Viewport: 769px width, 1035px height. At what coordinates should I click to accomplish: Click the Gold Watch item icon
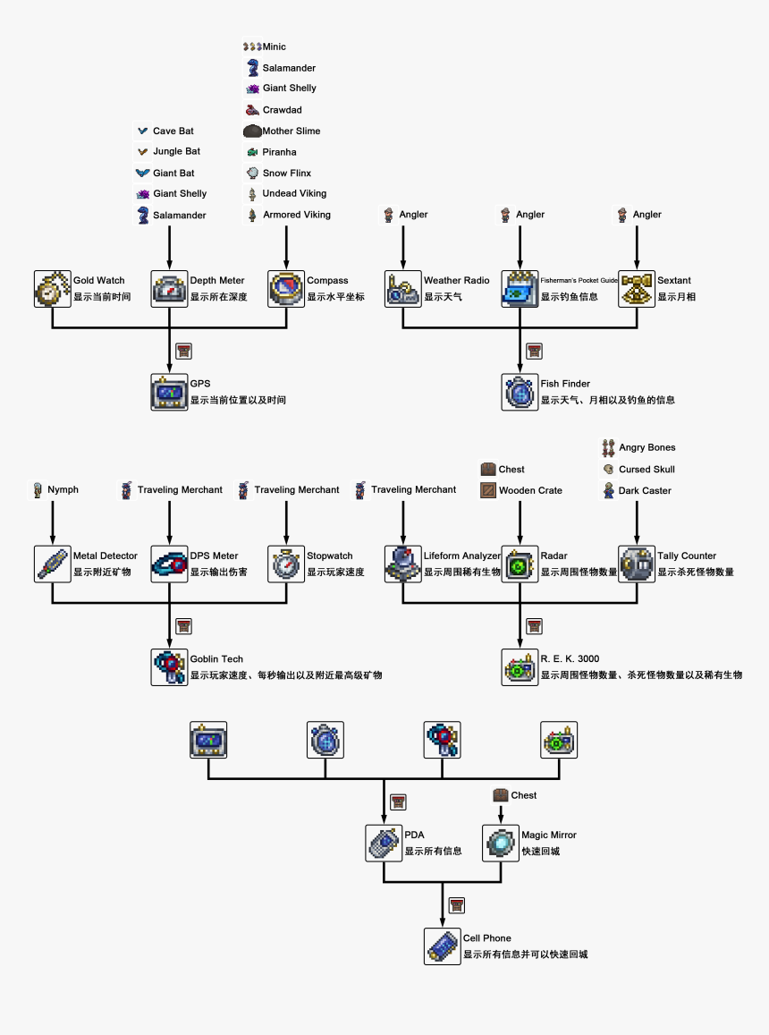(53, 288)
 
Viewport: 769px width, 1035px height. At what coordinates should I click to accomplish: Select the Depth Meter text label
(216, 281)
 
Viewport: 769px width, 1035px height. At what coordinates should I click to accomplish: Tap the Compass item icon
(286, 288)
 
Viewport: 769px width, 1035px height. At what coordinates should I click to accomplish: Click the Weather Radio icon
(403, 288)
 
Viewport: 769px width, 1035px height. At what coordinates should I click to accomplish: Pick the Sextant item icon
(637, 288)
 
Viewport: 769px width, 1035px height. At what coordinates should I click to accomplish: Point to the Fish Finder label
(565, 384)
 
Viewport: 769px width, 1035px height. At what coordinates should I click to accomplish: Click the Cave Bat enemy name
(173, 131)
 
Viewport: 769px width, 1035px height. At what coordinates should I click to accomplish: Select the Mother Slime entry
(291, 131)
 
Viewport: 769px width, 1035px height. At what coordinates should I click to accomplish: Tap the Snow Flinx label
(286, 173)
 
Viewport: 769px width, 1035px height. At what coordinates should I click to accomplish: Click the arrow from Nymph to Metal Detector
(53, 521)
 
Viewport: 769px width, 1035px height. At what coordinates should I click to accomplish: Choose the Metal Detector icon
(53, 564)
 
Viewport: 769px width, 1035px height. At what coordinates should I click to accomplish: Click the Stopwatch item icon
(286, 564)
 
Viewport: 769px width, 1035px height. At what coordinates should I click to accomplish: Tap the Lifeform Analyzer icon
(403, 564)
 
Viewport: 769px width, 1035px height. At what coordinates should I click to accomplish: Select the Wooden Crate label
(530, 490)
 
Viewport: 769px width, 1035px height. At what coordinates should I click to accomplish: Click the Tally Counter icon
(637, 564)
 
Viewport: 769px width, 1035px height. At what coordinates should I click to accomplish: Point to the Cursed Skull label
(646, 469)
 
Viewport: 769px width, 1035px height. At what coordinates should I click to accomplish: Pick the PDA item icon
(384, 843)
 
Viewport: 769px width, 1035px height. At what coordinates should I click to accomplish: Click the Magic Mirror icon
(501, 843)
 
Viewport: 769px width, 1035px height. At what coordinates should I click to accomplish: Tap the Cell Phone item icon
(443, 946)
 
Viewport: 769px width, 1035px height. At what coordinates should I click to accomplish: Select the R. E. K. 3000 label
(570, 659)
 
